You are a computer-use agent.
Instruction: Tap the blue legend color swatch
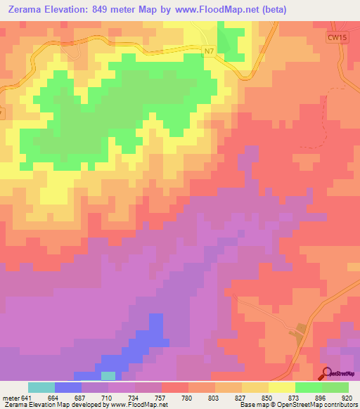(67, 387)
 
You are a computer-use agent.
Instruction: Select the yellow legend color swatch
(281, 387)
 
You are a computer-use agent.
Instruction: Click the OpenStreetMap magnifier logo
(326, 373)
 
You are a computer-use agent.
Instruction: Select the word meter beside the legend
(10, 397)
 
